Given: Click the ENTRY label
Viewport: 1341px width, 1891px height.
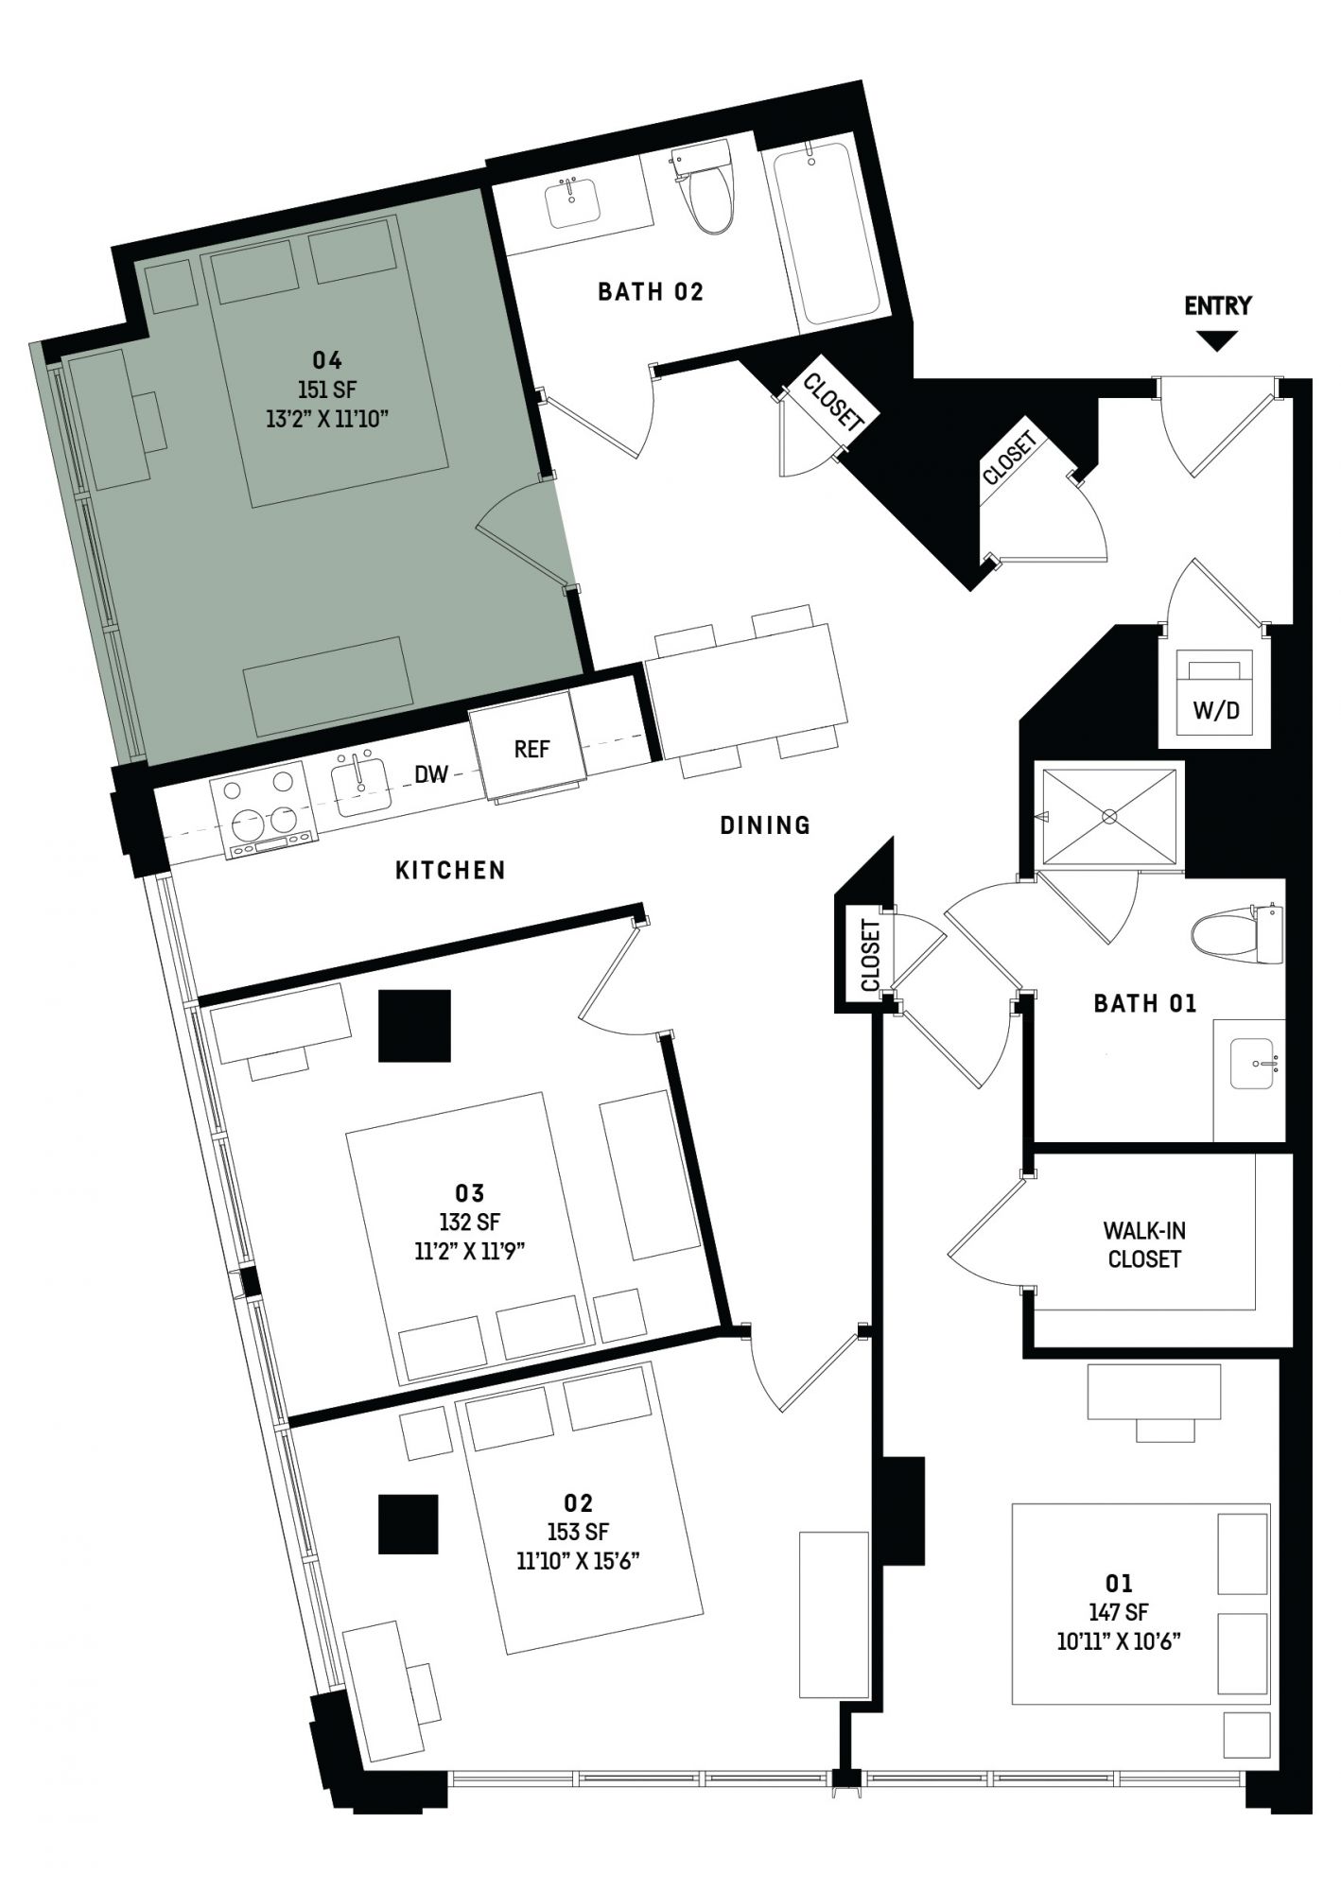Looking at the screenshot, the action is (x=1217, y=305).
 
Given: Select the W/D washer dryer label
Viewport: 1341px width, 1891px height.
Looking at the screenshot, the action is (x=1216, y=710).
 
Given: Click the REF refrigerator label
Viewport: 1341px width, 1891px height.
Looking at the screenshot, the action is (x=531, y=749).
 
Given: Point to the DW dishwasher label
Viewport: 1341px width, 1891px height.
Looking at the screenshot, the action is (x=431, y=774).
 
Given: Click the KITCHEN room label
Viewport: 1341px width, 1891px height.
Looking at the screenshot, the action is (x=450, y=870).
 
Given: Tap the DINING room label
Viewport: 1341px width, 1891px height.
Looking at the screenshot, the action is (x=765, y=825).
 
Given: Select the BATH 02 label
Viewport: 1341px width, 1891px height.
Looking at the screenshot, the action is (x=651, y=292).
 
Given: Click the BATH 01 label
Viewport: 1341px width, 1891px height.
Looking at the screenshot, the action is (x=1145, y=1003).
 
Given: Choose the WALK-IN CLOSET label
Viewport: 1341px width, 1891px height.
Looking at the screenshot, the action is (x=1144, y=1245).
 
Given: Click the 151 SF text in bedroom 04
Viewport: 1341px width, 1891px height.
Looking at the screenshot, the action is (x=327, y=390).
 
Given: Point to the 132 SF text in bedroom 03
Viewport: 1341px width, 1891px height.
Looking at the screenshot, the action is (x=470, y=1222).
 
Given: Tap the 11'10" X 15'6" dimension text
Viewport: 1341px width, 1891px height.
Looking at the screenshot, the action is (x=579, y=1561).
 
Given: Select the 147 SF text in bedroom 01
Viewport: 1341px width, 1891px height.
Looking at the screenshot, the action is (x=1119, y=1613).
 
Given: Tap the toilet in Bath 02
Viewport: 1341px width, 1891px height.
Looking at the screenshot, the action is (x=707, y=188).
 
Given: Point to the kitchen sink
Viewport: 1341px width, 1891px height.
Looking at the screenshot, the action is (x=361, y=786).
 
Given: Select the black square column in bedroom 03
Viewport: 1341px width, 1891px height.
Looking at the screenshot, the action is (x=414, y=1026).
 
